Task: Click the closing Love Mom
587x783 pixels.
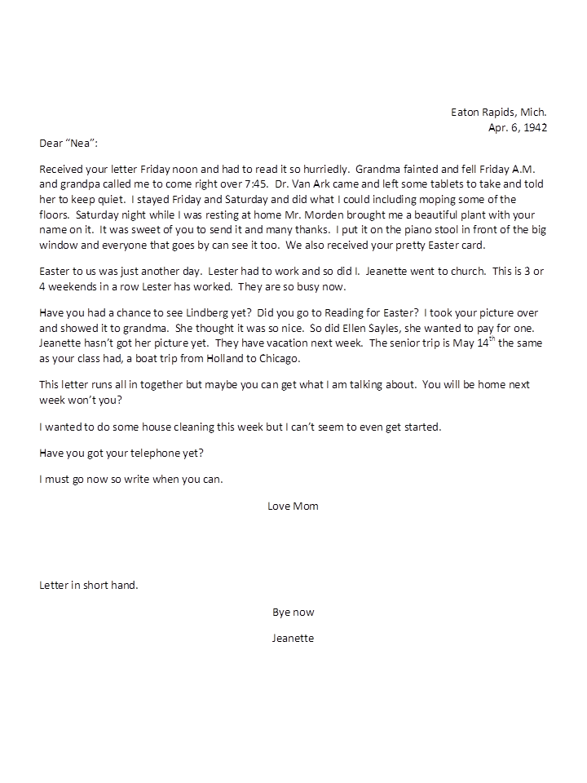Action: tap(293, 506)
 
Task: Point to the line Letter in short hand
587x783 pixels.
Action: tap(88, 585)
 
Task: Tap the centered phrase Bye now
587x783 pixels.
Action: tap(293, 612)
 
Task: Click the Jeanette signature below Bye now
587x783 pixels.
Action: tap(293, 638)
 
